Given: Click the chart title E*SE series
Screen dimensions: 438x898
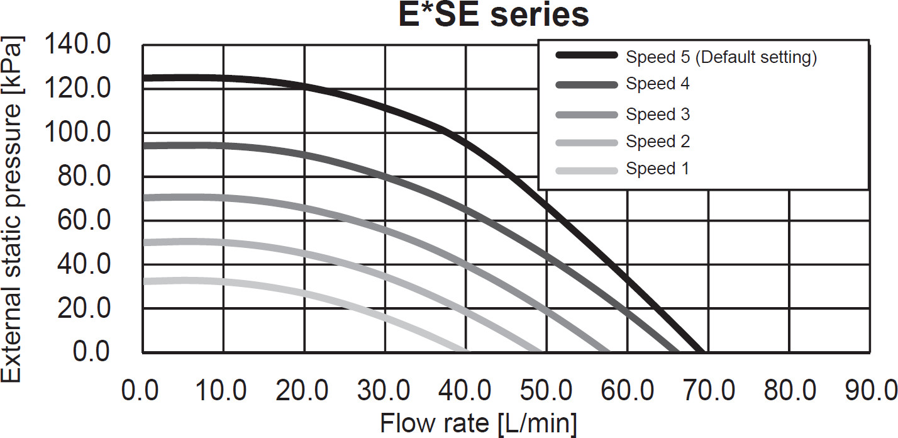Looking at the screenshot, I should point(494,15).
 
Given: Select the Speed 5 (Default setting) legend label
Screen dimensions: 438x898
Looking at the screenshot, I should point(721,57).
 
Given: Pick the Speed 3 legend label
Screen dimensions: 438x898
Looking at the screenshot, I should point(658,115).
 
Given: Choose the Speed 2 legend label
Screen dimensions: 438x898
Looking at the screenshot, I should point(658,142).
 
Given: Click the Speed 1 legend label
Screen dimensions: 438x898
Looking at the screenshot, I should point(657,169).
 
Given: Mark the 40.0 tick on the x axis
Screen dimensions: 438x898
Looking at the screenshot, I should point(466,391).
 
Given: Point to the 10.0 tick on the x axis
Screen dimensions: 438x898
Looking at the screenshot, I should point(224,391).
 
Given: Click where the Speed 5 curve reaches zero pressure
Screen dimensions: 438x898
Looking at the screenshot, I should point(701,350).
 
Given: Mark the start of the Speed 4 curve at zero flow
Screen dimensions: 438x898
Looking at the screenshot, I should point(145,146).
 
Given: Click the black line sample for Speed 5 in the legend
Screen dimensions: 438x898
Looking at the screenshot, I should point(587,57).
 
